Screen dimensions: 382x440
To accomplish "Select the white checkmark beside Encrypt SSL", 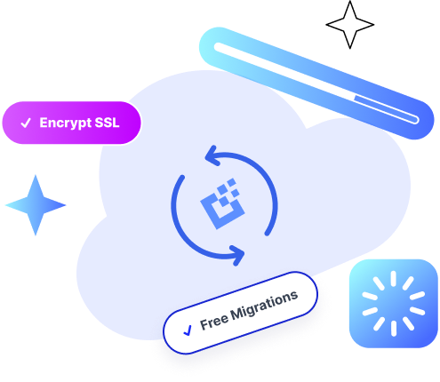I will pyautogui.click(x=25, y=123).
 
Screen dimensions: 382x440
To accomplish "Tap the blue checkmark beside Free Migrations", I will pyautogui.click(x=188, y=330).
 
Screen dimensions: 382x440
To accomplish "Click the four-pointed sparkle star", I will pyautogui.click(x=36, y=205).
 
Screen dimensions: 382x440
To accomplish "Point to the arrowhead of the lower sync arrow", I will pyautogui.click(x=238, y=258).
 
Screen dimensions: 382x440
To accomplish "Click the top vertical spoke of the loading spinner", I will pyautogui.click(x=390, y=280).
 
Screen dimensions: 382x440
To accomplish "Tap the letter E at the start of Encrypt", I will pyautogui.click(x=44, y=123).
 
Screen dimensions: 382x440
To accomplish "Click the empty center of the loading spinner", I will pyautogui.click(x=390, y=303).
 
